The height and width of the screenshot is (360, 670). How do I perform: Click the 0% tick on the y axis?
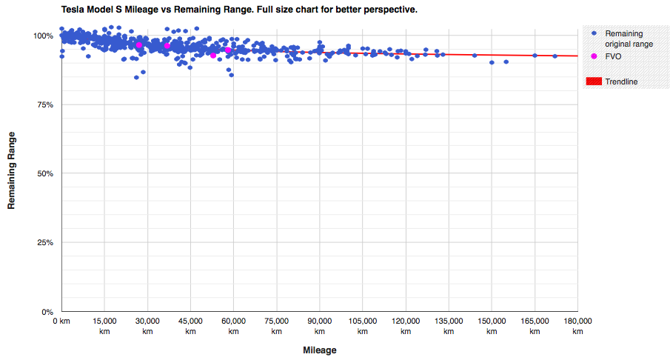(x=47, y=312)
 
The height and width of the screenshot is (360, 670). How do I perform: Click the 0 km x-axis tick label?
(x=61, y=321)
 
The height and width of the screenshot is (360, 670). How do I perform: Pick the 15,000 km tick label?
(x=104, y=326)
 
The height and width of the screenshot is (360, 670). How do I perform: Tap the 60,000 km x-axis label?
(x=233, y=326)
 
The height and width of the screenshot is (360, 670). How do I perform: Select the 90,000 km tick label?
(x=320, y=326)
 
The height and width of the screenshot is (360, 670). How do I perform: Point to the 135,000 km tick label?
(x=449, y=326)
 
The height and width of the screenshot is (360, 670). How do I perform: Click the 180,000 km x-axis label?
(x=577, y=326)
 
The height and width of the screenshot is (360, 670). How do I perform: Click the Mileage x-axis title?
(x=320, y=350)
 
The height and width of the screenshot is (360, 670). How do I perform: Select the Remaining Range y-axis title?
(x=12, y=171)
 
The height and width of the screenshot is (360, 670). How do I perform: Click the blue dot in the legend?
(x=594, y=34)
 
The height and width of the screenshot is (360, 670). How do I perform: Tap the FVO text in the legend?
(x=614, y=56)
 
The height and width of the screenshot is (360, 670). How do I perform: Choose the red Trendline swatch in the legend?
(x=594, y=81)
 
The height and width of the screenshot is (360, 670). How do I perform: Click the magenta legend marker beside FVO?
(x=594, y=56)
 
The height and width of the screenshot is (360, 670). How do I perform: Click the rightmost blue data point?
(x=555, y=56)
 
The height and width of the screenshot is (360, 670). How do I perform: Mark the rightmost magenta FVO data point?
(x=228, y=50)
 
